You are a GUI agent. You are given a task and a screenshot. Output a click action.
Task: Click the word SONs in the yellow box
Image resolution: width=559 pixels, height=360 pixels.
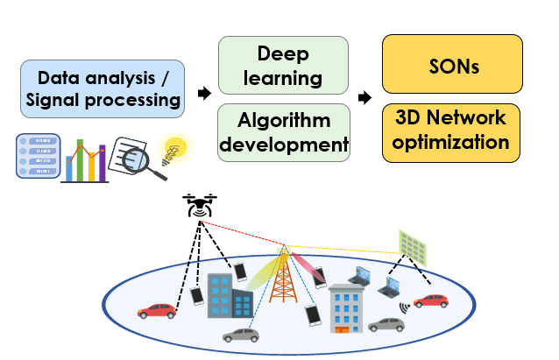coord(452,66)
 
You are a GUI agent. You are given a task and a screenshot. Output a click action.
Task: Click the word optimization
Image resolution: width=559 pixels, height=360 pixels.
coord(452,142)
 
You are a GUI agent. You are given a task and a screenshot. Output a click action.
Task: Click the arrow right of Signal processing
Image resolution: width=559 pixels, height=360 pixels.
coord(204,93)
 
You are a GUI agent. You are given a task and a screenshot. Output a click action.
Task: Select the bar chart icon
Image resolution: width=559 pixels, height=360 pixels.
coord(85,159)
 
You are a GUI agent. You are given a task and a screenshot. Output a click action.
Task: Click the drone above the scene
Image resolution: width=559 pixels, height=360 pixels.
coord(201,206)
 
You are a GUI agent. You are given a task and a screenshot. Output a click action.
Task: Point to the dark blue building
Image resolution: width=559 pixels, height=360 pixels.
coord(230,298)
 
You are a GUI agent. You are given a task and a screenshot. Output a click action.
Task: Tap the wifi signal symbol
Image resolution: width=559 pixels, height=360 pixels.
coord(406,308)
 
